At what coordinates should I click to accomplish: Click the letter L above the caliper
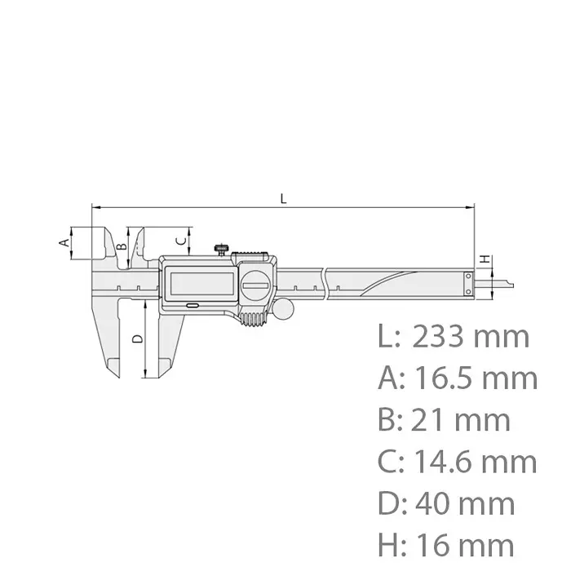click(x=283, y=198)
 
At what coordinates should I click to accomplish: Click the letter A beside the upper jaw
click(x=61, y=241)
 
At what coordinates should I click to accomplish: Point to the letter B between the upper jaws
click(x=121, y=246)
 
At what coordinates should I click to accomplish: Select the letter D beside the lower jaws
click(x=136, y=338)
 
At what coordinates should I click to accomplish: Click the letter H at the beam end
click(x=485, y=259)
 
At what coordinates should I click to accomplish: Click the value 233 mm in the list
click(x=471, y=336)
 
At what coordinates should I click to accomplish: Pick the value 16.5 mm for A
click(x=476, y=378)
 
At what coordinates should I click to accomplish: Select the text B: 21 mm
click(x=444, y=420)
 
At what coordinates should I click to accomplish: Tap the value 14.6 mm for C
click(x=476, y=462)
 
